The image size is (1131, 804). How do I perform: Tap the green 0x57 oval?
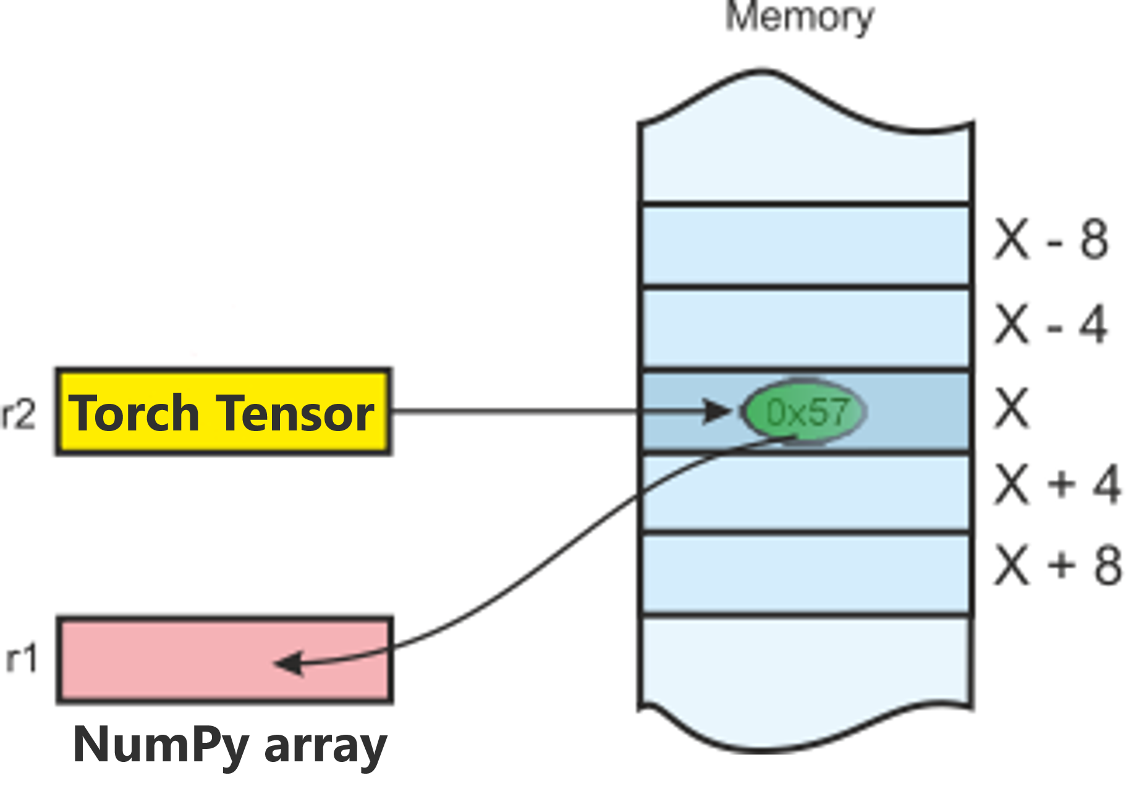804,411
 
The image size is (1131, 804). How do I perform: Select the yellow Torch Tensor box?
223,412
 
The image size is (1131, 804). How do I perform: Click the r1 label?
22,659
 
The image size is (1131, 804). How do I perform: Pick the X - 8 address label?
1051,239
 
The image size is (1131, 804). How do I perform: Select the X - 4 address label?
1050,324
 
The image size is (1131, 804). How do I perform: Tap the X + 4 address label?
1057,484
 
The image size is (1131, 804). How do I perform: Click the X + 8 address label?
1057,565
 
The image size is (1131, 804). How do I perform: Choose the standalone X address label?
1012,408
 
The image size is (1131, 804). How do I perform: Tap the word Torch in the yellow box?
133,413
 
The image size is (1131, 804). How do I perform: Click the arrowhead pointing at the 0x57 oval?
717,411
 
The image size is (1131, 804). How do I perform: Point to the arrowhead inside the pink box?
289,664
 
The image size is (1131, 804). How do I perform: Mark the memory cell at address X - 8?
806,246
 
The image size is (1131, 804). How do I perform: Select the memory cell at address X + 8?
806,573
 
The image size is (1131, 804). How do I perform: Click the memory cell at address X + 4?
806,493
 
